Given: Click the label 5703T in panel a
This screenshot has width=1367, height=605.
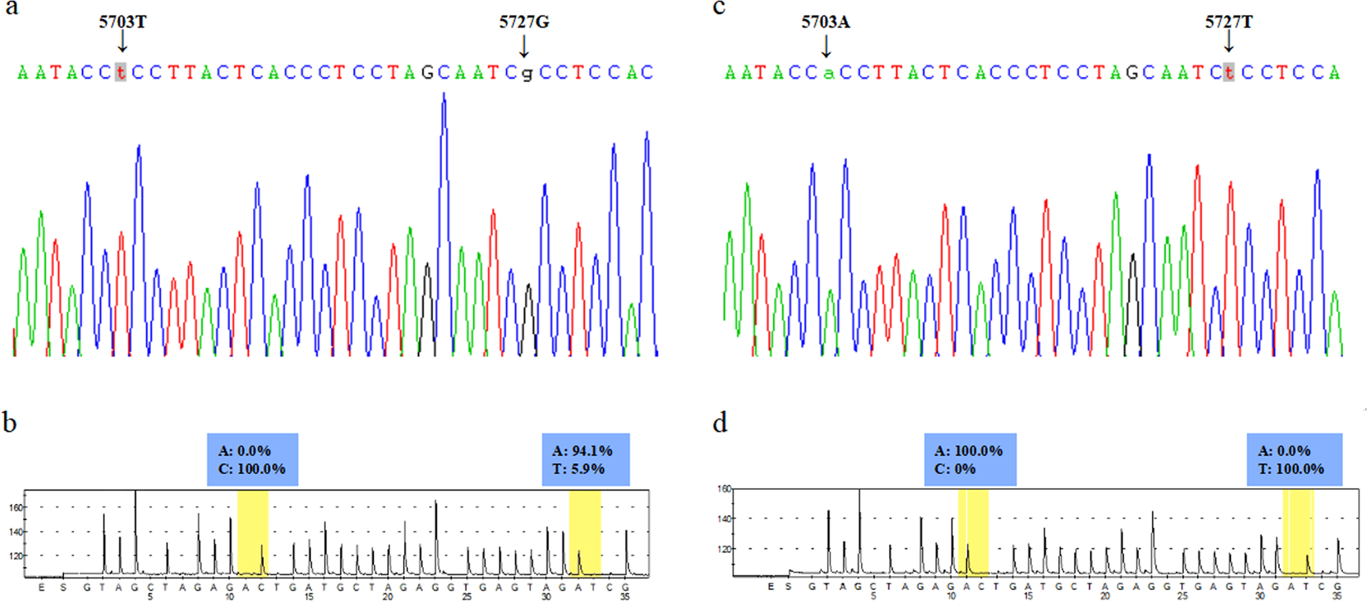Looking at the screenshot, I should tap(123, 22).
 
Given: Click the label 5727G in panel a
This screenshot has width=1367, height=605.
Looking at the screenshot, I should tap(523, 22).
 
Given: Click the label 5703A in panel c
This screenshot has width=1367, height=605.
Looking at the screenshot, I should tap(825, 22).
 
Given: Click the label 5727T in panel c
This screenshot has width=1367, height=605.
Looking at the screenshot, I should tap(1228, 22).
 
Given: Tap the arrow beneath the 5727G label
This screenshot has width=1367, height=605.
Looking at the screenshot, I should tap(523, 46).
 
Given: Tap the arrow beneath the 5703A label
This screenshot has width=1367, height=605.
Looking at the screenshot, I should tap(826, 46).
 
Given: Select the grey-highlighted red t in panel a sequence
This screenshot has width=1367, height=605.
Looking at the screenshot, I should tap(121, 72).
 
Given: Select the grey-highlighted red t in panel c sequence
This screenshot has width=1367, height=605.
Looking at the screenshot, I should tap(1228, 72).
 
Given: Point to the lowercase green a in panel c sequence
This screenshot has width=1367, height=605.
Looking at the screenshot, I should tap(828, 73).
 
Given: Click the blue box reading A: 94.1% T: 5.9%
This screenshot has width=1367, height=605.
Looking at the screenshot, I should tap(586, 459).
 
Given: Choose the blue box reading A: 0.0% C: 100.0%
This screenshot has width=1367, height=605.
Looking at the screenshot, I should tap(252, 459).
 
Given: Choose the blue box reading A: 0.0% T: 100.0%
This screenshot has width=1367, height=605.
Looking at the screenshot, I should tap(1294, 459).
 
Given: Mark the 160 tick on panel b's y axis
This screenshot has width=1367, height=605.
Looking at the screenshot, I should tap(17, 508).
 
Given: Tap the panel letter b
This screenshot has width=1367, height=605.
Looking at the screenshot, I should tap(10, 423).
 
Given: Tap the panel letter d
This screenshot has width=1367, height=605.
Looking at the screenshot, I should tap(720, 423).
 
